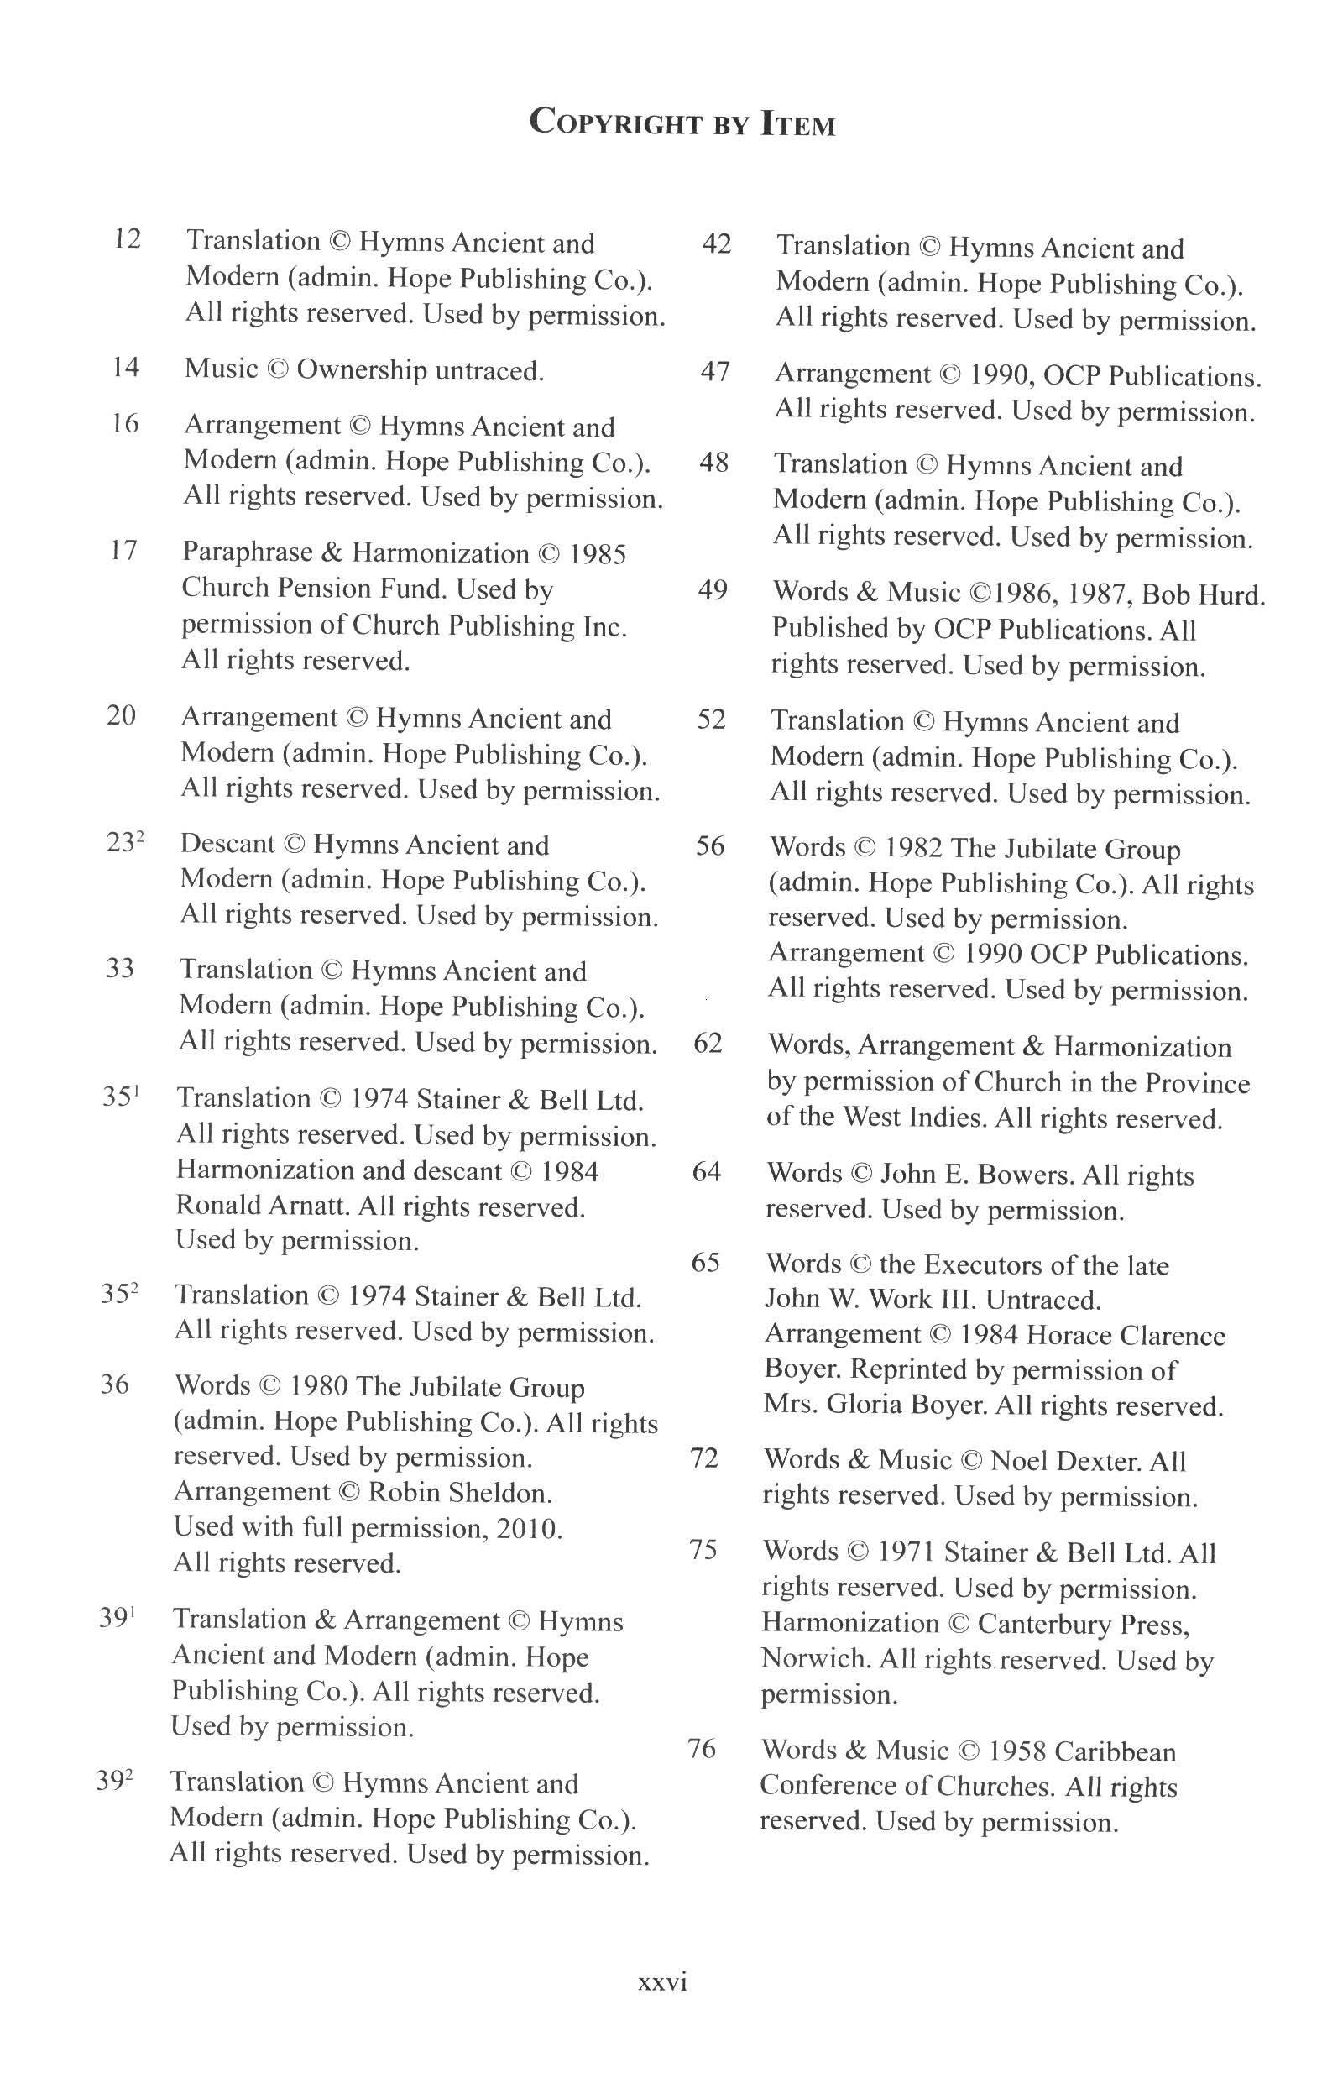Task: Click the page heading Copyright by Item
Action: (682, 123)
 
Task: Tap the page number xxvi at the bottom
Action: (662, 1982)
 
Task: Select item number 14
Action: (125, 368)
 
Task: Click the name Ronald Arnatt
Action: (262, 1206)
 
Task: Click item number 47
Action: (714, 372)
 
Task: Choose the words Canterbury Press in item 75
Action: (1082, 1624)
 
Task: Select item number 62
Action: (708, 1044)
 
